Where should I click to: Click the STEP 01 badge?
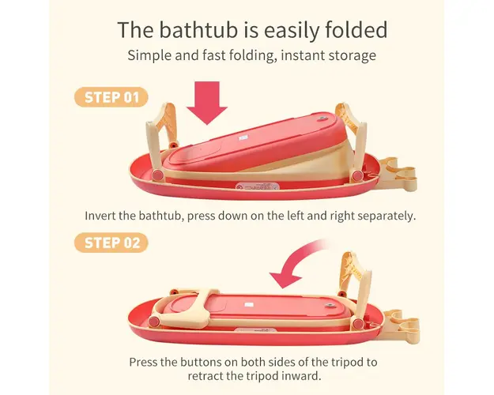(x=111, y=97)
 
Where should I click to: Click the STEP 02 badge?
(x=111, y=243)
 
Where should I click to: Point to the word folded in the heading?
(x=356, y=30)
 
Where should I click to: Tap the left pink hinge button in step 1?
(x=157, y=175)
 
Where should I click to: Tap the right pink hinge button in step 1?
(x=357, y=175)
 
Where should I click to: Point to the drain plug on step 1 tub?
(x=322, y=119)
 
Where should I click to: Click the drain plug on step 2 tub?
(x=330, y=306)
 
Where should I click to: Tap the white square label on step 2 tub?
(x=249, y=305)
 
